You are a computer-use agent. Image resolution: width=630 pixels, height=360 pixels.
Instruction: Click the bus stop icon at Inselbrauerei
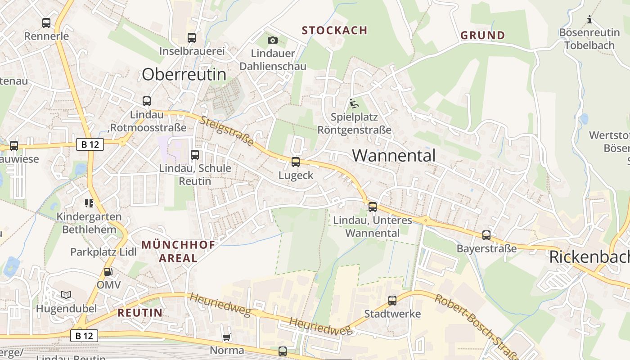click(192, 38)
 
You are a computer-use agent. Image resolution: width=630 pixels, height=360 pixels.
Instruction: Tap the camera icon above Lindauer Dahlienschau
click(272, 40)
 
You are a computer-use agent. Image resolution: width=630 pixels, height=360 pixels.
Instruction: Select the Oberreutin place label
click(184, 74)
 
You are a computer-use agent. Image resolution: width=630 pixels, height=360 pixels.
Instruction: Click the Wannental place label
click(394, 155)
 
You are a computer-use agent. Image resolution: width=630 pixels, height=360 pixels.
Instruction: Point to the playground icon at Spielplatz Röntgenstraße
click(354, 104)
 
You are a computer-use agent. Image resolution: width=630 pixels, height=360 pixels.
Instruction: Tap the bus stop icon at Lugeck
click(296, 162)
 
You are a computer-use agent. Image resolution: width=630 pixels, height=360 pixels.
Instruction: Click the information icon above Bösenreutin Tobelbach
click(589, 20)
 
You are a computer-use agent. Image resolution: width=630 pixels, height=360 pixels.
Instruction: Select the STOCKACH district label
click(334, 31)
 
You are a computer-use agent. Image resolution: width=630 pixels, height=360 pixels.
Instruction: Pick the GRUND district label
click(482, 35)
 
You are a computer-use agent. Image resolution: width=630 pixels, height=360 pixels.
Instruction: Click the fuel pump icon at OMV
click(108, 272)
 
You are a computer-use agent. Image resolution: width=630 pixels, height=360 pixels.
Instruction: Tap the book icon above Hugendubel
click(66, 295)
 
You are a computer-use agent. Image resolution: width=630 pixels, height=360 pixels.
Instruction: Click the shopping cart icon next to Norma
click(227, 337)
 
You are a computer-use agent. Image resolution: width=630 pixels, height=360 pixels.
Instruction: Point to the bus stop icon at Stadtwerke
click(392, 300)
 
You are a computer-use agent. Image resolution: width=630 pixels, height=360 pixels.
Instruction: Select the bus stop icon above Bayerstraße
click(486, 235)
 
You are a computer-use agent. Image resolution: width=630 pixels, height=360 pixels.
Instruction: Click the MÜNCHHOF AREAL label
click(178, 252)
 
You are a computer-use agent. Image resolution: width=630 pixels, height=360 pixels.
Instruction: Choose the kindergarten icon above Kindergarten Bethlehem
click(89, 203)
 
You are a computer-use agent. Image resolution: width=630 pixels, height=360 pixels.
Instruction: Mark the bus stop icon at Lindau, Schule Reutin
click(195, 155)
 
